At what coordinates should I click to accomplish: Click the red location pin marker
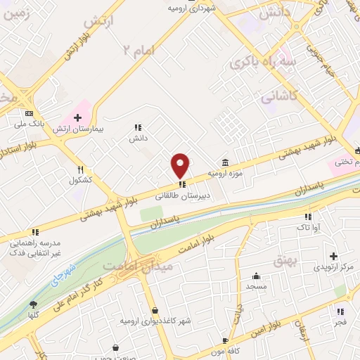tap(181, 165)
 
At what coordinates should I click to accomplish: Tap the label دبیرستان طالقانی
tap(182, 195)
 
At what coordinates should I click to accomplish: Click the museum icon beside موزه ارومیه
tap(224, 162)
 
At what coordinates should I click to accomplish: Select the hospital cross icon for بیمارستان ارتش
tap(77, 116)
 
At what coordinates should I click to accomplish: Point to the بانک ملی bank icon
tap(29, 113)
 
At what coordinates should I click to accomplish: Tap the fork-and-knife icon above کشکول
tap(81, 169)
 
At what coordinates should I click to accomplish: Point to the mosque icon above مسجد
tap(257, 276)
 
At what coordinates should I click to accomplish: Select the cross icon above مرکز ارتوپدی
tap(333, 256)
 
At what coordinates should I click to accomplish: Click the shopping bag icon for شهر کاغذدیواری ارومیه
tap(155, 309)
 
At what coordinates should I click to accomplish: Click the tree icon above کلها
tap(32, 304)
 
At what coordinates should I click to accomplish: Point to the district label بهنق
tap(307, 262)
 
